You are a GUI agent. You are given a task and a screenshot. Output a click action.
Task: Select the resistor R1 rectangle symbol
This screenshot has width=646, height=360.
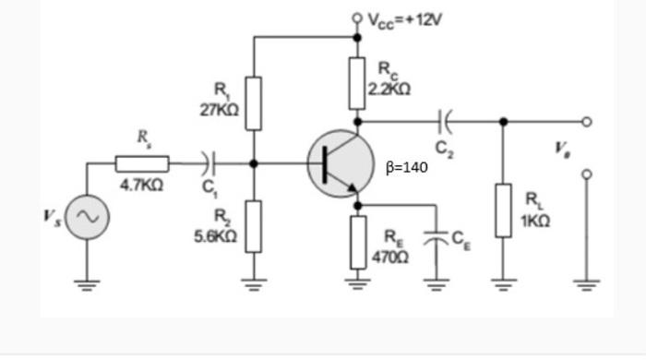click(x=254, y=103)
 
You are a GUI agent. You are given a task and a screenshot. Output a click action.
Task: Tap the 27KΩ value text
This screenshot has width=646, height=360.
click(x=220, y=109)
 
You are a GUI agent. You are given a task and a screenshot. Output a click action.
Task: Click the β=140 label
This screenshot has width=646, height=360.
click(x=407, y=169)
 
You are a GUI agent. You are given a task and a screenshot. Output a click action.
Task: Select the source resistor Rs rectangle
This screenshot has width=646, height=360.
click(x=142, y=163)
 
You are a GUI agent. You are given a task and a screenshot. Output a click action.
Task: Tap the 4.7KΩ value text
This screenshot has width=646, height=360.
click(x=142, y=185)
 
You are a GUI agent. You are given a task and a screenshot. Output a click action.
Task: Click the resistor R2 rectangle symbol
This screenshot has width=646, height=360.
click(x=254, y=225)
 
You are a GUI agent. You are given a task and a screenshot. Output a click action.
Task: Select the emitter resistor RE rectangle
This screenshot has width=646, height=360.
click(x=358, y=242)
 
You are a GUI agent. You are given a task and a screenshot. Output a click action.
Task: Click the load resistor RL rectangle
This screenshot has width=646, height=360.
click(x=503, y=210)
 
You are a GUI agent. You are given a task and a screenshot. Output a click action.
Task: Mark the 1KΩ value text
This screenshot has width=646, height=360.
click(x=536, y=222)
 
